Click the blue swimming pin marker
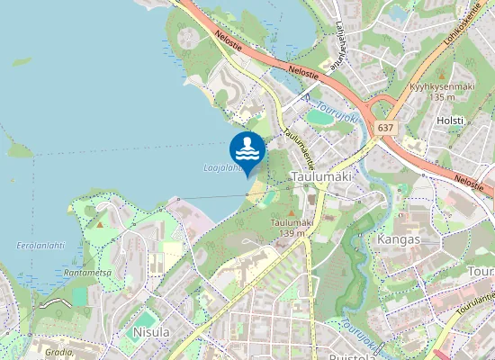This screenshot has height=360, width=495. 247,150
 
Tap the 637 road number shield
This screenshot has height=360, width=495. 386,128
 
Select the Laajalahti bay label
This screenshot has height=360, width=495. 220,167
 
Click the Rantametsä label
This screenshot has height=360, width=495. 87,272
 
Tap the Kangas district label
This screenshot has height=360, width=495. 399,241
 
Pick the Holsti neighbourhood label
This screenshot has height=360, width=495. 449,120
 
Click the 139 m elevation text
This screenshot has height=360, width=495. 292,233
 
